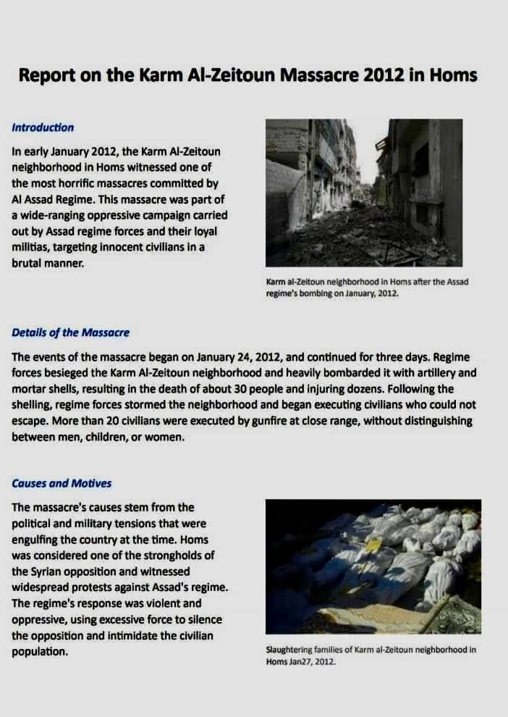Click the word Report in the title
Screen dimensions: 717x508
tap(46, 75)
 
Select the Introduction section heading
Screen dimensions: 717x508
tap(43, 127)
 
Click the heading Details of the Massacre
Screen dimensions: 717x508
tap(71, 332)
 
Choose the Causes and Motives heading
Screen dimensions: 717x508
tap(62, 483)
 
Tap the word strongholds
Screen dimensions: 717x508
tap(161, 555)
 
